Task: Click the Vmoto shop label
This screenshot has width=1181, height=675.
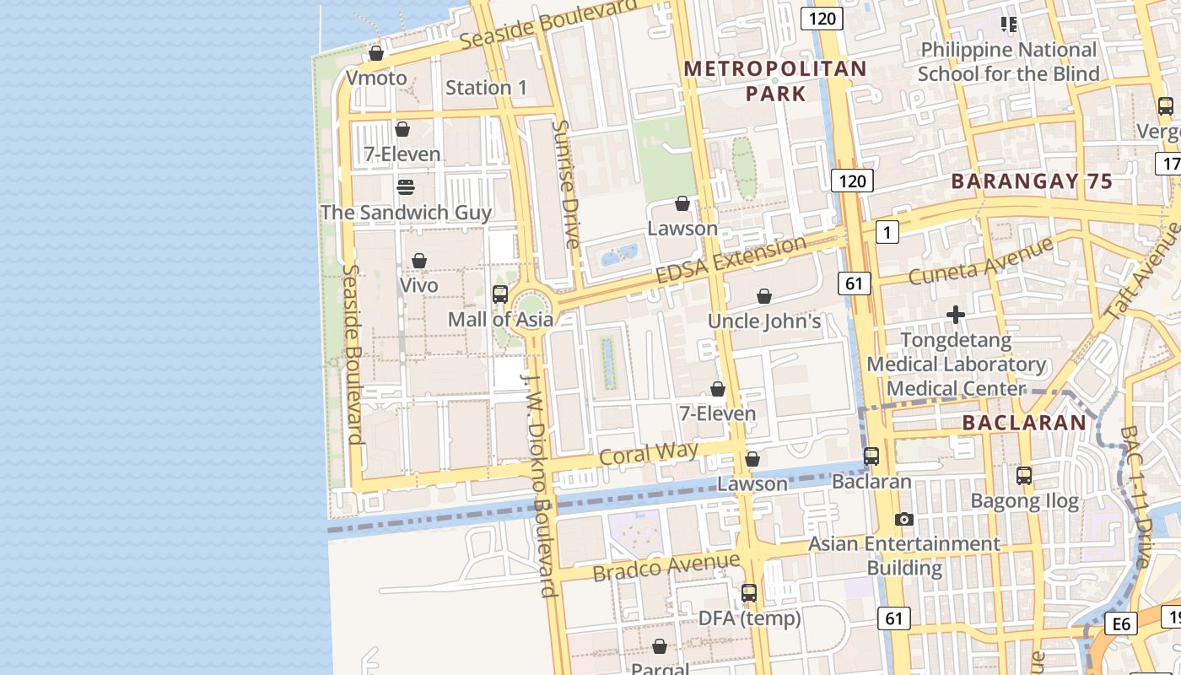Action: (376, 78)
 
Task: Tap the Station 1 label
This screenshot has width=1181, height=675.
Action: (486, 88)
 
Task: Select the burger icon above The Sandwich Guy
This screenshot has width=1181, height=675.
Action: (406, 186)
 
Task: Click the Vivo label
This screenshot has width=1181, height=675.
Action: (419, 285)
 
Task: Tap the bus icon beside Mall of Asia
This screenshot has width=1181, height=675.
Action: (500, 294)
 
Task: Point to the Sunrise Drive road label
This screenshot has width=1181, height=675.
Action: (565, 184)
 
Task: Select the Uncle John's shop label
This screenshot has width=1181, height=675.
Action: (764, 321)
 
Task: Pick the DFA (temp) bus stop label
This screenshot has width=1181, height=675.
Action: (749, 618)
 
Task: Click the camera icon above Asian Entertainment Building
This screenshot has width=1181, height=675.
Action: (904, 519)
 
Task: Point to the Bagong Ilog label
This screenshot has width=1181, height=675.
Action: (1024, 501)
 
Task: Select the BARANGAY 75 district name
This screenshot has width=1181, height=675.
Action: (1032, 181)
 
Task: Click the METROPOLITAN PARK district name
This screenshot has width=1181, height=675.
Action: (775, 81)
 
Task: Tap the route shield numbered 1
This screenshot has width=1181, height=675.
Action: (887, 232)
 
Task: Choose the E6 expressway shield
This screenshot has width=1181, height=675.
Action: (1121, 624)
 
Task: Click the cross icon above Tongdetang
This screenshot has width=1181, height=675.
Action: (956, 316)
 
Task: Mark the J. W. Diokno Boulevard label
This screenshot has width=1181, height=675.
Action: (540, 485)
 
